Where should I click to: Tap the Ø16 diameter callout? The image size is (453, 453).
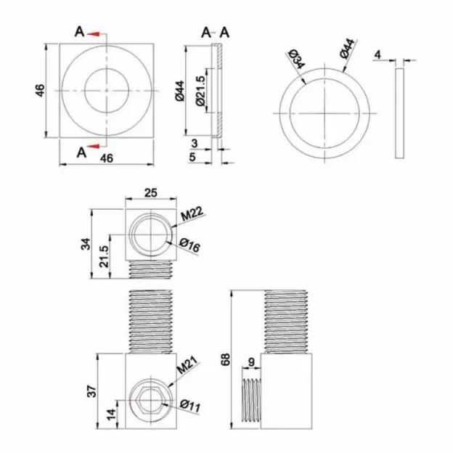(x=190, y=247)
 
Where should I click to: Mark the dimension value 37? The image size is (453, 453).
(x=90, y=391)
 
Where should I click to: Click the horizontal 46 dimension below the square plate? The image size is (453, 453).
(x=106, y=158)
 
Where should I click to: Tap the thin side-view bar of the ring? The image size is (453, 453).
(x=399, y=113)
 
